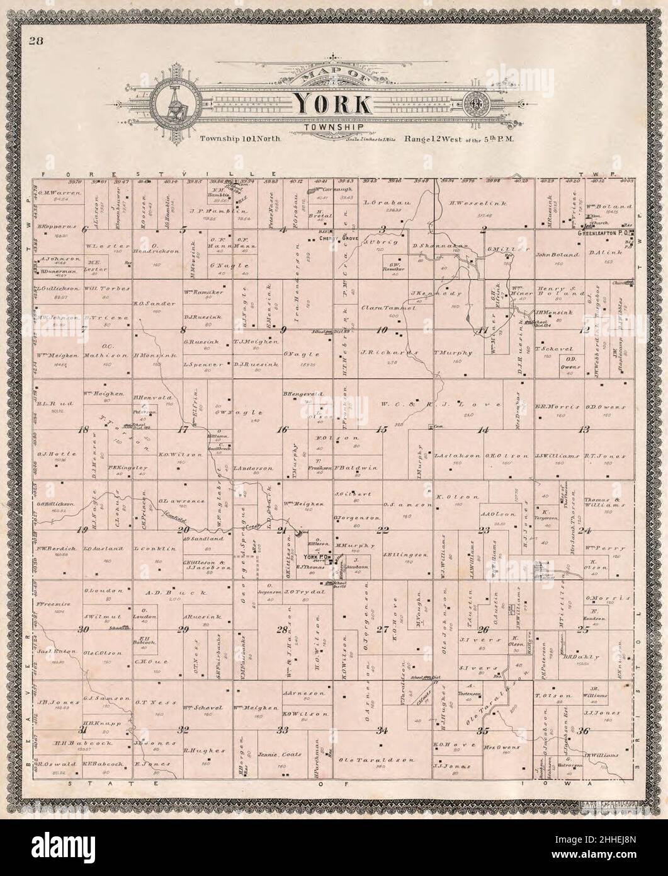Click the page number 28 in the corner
33,42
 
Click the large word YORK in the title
333,102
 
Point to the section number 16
283,430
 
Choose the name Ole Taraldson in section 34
361,759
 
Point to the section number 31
82,730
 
